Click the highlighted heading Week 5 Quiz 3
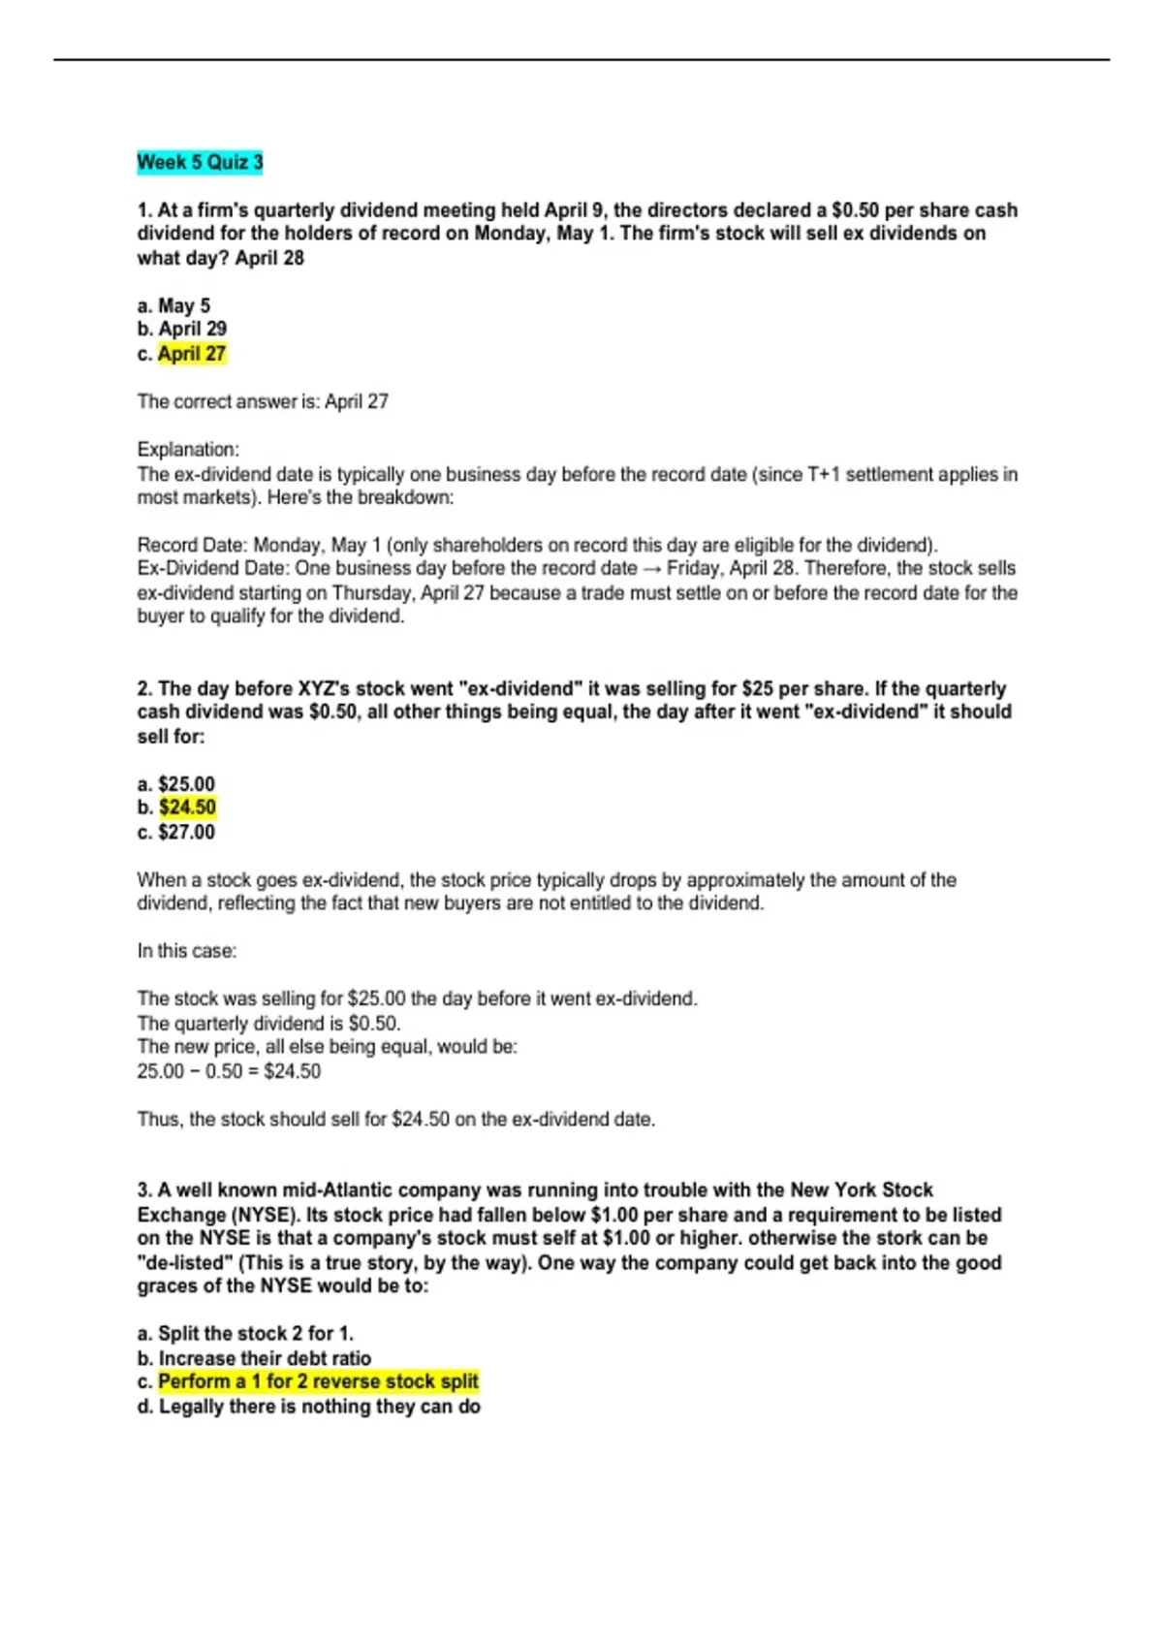coord(200,162)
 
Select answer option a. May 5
coord(173,305)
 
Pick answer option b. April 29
coord(181,329)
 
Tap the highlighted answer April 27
coord(192,354)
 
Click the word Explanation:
coord(188,450)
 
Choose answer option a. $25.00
coord(176,783)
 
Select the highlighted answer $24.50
coord(187,808)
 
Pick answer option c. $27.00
coord(176,832)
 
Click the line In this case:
coord(187,951)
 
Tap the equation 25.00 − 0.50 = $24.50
coord(229,1071)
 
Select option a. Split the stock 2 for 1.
coord(245,1334)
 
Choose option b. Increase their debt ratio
coord(254,1358)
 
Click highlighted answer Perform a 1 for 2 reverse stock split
coord(318,1381)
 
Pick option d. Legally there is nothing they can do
coord(308,1407)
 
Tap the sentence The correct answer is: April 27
coord(263,401)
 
